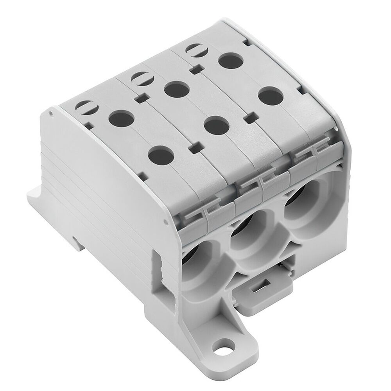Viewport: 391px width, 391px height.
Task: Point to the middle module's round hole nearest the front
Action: click(x=217, y=126)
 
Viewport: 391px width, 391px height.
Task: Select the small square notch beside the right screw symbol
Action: click(x=195, y=70)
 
